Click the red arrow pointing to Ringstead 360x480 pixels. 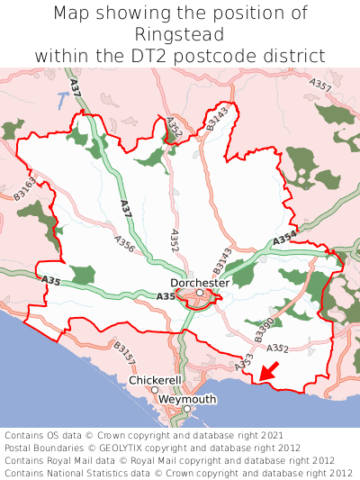coord(269,369)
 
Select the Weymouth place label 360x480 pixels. coord(187,399)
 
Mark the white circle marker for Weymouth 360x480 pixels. coord(187,409)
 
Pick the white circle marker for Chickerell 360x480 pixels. coord(155,390)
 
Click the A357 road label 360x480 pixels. coord(320,87)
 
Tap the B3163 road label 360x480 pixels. coord(24,187)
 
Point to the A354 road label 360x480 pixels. coord(284,240)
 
